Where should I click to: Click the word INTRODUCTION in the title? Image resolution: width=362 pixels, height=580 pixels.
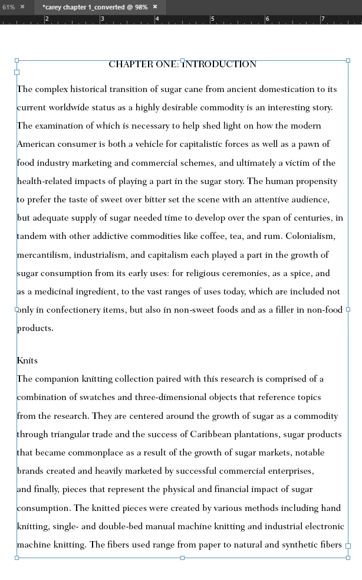[x=219, y=64]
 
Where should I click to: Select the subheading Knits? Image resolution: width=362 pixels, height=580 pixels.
[x=27, y=361]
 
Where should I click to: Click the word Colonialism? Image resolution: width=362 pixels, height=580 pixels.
[x=310, y=237]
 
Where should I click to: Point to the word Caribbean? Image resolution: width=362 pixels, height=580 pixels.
[x=215, y=434]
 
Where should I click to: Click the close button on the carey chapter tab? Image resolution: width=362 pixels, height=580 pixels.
[x=155, y=7]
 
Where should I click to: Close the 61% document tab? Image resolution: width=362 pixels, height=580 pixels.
[x=22, y=7]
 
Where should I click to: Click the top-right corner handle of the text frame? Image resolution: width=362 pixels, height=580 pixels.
[x=348, y=60]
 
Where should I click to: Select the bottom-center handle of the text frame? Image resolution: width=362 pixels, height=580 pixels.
[x=182, y=558]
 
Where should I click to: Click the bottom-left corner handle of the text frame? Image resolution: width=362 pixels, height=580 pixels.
[x=17, y=558]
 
